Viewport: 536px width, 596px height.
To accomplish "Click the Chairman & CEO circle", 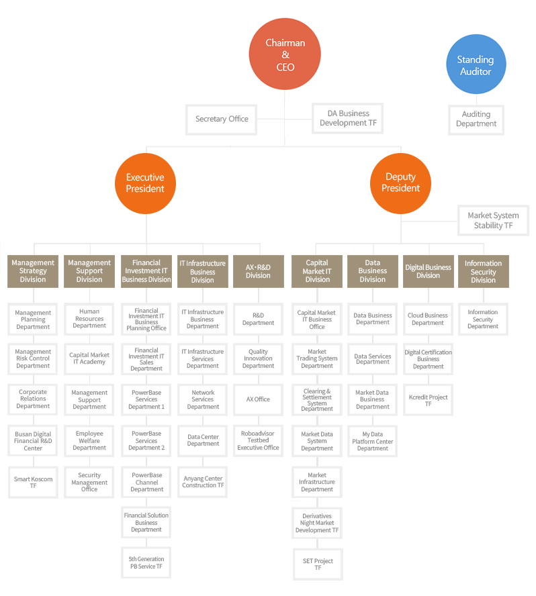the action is (285, 54).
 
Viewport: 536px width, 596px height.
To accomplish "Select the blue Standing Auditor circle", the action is (476, 64).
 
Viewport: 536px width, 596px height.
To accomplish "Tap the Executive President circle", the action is (145, 183).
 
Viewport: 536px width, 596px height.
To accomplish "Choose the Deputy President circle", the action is (400, 183).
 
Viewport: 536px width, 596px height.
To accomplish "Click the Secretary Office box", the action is (222, 119).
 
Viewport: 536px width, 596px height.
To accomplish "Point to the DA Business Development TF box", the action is (348, 118).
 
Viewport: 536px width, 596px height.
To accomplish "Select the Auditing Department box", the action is (476, 119).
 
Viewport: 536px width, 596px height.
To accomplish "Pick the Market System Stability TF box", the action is (494, 220).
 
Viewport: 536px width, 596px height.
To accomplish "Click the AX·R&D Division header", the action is (259, 271).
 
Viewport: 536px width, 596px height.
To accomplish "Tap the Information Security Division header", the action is (484, 271).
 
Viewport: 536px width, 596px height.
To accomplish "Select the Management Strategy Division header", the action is (33, 271).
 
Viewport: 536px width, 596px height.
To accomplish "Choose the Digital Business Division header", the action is (429, 271).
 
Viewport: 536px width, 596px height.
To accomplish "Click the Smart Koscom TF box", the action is (33, 483).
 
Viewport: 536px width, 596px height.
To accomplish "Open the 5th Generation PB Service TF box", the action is (146, 562).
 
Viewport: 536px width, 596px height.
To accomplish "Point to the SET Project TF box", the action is (318, 564).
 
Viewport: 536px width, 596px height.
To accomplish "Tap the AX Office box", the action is (259, 399).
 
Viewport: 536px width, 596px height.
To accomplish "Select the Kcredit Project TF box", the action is (429, 399).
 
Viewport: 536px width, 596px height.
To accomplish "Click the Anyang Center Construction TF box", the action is (203, 482).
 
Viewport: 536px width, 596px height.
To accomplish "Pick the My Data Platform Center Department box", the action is (372, 441).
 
